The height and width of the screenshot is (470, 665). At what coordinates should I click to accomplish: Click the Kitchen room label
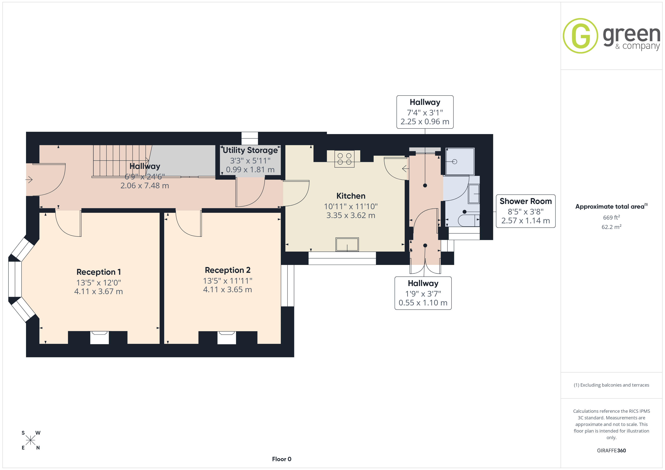(x=351, y=196)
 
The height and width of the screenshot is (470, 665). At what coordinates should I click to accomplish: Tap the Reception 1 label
(x=98, y=272)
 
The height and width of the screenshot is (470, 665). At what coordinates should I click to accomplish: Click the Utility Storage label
(x=250, y=150)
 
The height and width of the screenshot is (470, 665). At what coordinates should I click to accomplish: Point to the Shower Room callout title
(x=526, y=201)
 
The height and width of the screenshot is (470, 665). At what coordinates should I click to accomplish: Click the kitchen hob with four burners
(x=344, y=159)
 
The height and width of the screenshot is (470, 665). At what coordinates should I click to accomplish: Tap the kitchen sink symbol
(x=347, y=245)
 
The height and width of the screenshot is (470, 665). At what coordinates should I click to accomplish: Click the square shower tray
(x=460, y=162)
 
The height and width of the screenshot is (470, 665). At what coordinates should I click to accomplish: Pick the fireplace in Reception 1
(x=99, y=337)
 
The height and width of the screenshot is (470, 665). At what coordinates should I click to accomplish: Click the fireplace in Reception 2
(x=227, y=337)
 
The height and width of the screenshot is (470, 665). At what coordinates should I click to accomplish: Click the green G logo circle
(x=580, y=36)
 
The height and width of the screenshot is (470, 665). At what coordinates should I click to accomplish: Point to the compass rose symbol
(x=30, y=440)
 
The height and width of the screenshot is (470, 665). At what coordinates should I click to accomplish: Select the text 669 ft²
(x=611, y=217)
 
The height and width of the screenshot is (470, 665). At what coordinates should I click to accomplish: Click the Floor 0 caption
(x=282, y=459)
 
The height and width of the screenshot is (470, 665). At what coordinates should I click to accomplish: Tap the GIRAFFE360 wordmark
(x=611, y=450)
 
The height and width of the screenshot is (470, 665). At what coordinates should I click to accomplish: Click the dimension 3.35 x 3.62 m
(x=351, y=215)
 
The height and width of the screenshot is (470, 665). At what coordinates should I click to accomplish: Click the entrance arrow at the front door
(x=29, y=180)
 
